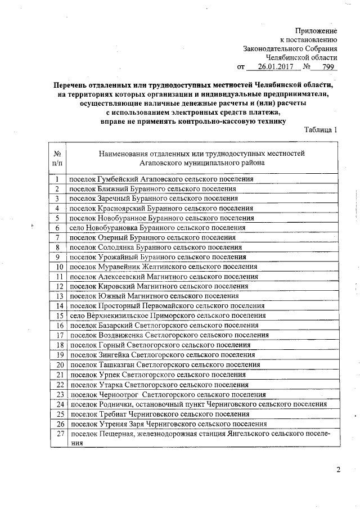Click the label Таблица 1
coord(321,129)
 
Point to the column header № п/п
coord(57,157)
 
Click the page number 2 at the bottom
coord(338,470)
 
